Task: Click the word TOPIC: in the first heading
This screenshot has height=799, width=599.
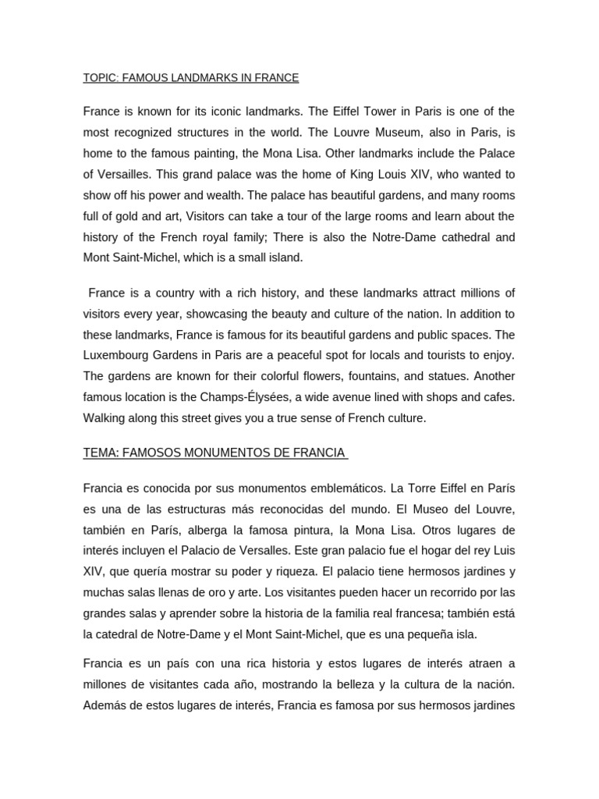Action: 101,78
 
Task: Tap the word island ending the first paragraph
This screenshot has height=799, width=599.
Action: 284,257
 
